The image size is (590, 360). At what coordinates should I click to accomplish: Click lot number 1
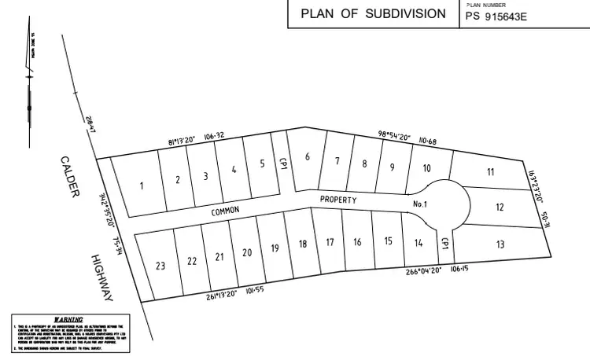[x=142, y=186]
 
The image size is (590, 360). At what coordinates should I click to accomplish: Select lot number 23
[x=160, y=266]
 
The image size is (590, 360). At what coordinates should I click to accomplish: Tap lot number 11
[x=490, y=172]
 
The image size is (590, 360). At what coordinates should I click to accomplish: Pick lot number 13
[x=500, y=244]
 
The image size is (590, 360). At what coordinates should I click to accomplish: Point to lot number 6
[x=308, y=156]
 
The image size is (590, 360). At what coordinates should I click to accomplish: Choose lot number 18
[x=303, y=244]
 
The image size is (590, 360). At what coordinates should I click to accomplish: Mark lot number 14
[x=419, y=243]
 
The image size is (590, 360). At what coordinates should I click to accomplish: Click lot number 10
[x=426, y=168]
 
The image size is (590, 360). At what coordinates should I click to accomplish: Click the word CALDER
[x=69, y=177]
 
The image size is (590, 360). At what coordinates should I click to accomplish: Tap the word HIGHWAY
[x=102, y=277]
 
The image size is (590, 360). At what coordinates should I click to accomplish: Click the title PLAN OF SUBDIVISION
[x=373, y=15]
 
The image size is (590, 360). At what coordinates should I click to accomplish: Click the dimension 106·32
[x=214, y=135]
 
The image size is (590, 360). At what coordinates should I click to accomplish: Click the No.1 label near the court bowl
[x=419, y=204]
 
